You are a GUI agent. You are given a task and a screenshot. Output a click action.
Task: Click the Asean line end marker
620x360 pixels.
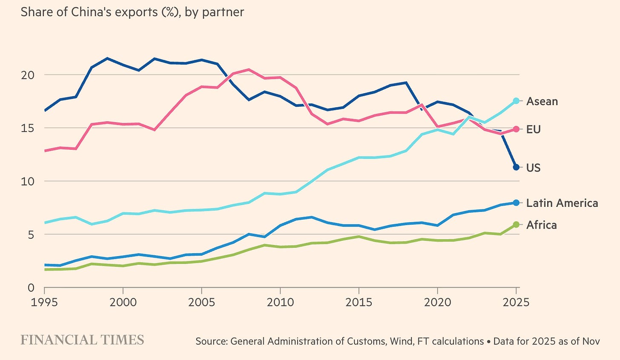click(516, 101)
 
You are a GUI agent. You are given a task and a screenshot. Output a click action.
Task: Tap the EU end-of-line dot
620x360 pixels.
click(516, 129)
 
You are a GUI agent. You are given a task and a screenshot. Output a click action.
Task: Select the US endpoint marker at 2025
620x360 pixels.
click(516, 167)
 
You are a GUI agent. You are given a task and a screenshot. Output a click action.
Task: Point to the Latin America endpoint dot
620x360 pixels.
click(516, 203)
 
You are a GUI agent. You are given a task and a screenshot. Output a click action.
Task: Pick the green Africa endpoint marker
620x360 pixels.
click(516, 224)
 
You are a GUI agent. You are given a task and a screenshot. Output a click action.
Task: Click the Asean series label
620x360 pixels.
click(542, 101)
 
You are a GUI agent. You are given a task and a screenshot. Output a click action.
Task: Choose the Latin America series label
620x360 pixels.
click(562, 203)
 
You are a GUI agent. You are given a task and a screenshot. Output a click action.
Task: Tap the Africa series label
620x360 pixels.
click(541, 225)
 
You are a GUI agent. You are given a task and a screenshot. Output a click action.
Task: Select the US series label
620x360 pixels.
click(533, 168)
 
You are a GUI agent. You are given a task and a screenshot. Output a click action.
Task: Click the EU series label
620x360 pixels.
click(533, 129)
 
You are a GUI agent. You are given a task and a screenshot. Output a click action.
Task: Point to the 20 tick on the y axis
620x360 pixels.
click(27, 75)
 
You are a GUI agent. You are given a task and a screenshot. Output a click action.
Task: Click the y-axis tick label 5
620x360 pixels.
click(31, 234)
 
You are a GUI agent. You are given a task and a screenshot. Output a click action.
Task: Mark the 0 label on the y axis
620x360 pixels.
click(31, 288)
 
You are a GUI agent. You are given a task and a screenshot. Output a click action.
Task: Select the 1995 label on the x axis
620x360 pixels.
click(44, 302)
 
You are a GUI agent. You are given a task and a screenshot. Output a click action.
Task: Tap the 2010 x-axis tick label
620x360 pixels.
click(280, 302)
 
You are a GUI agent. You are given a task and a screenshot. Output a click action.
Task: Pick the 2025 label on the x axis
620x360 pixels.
click(515, 302)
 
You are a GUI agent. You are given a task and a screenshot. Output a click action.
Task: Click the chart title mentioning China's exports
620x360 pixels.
click(132, 11)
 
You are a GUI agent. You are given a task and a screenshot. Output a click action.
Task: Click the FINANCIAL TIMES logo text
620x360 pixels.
click(82, 340)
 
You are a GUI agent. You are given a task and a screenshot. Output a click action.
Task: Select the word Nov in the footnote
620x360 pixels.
click(591, 341)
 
